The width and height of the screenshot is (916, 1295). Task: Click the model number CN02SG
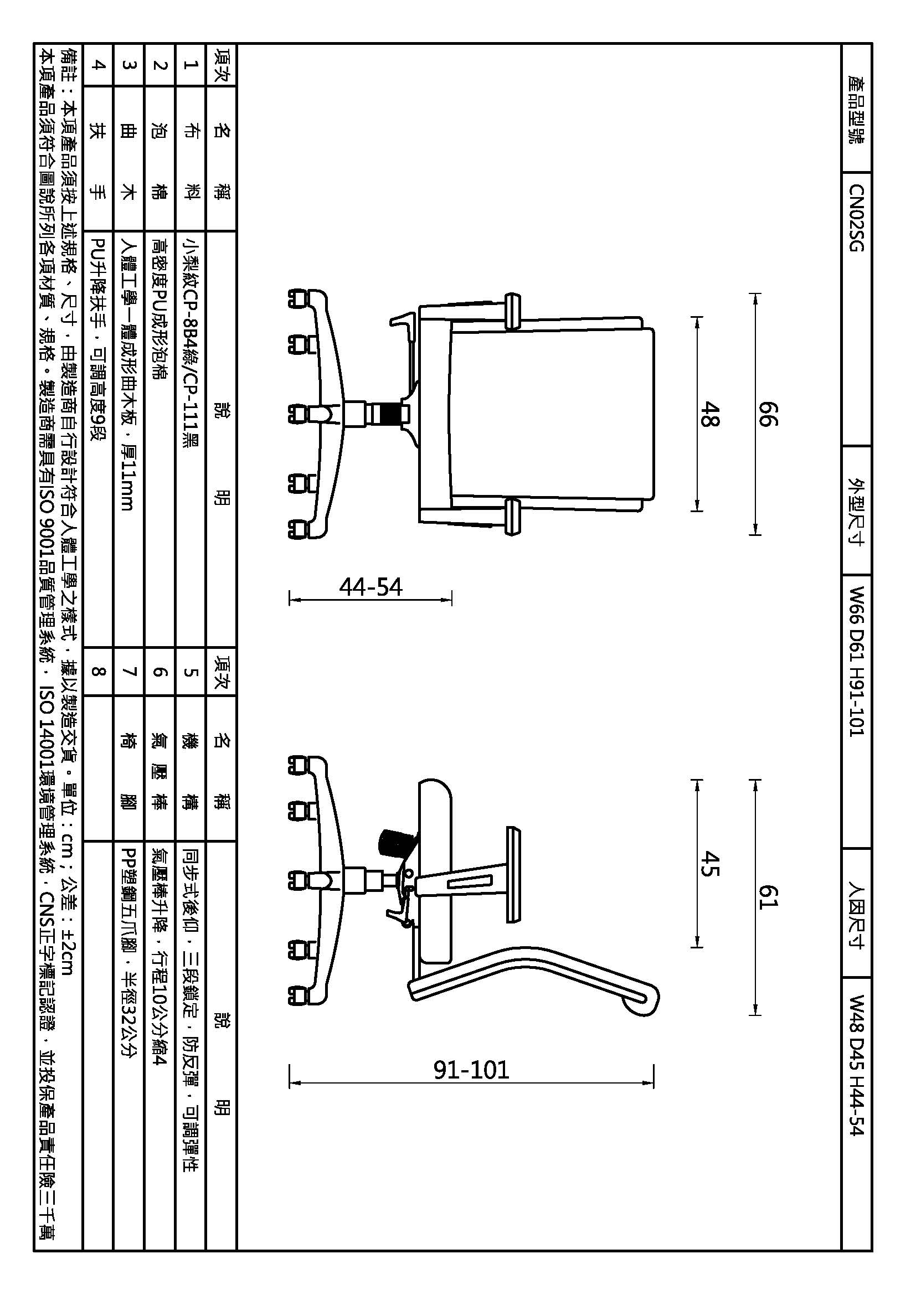(856, 218)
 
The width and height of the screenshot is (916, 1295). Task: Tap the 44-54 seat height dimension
(370, 587)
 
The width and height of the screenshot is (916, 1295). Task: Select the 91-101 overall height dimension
(471, 1070)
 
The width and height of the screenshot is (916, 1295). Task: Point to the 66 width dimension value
(768, 414)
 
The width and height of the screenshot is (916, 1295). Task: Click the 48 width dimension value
(709, 414)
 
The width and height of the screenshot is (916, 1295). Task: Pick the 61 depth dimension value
(768, 897)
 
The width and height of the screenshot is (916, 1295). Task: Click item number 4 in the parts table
(98, 65)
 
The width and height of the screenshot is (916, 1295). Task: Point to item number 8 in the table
(98, 671)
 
